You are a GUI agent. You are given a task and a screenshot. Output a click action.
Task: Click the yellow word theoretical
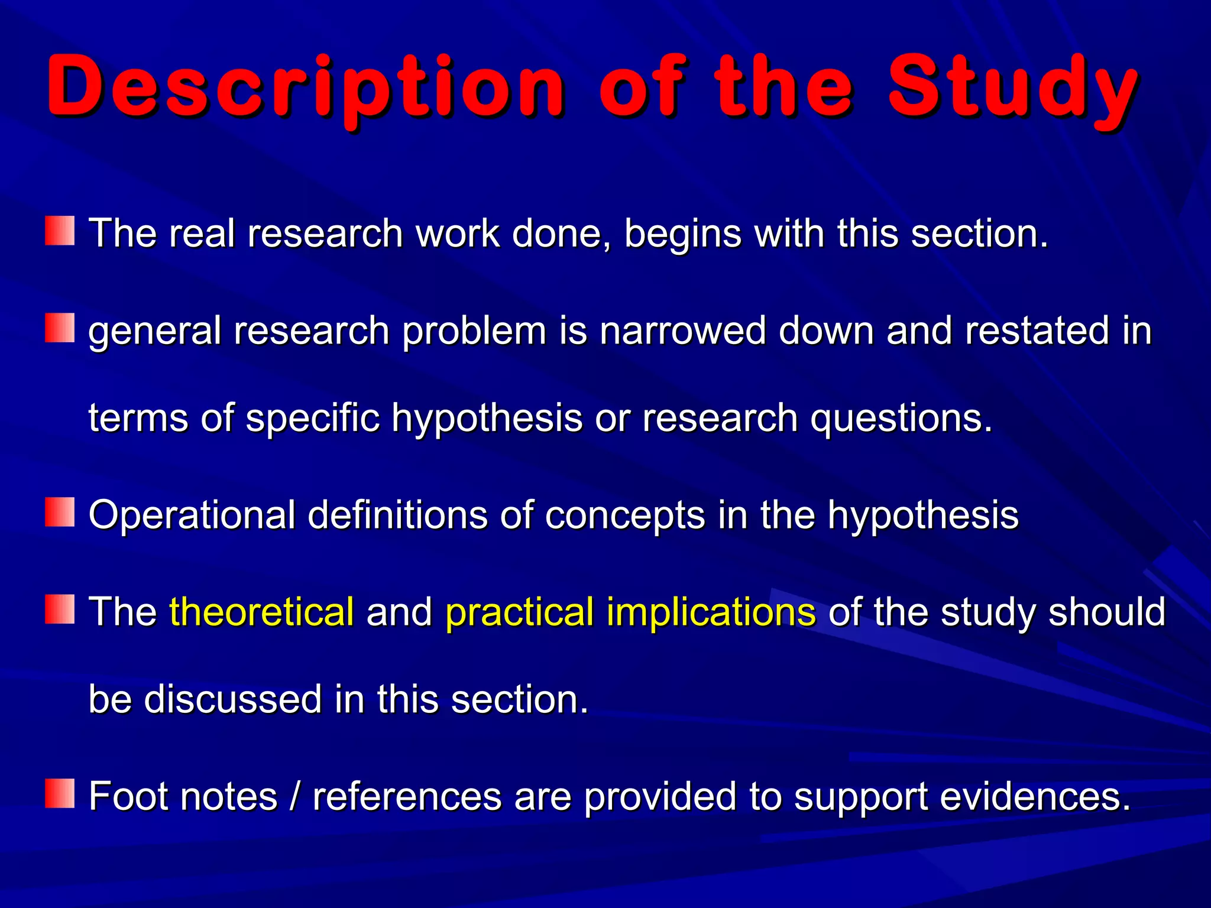click(x=261, y=611)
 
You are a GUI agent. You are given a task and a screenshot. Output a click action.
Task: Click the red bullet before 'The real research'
click(x=60, y=231)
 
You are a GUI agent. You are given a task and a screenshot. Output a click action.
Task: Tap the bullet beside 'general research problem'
click(x=60, y=328)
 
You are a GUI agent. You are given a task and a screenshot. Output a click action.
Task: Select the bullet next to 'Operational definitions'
click(x=60, y=512)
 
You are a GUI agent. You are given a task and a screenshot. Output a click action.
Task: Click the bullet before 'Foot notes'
click(x=60, y=793)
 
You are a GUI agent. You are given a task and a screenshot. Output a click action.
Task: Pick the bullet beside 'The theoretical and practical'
click(x=60, y=609)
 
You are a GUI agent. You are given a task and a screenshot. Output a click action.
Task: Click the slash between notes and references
click(x=294, y=796)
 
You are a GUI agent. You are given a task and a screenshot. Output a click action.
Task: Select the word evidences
click(x=1035, y=796)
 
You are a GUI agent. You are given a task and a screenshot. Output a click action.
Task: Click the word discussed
click(x=232, y=699)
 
